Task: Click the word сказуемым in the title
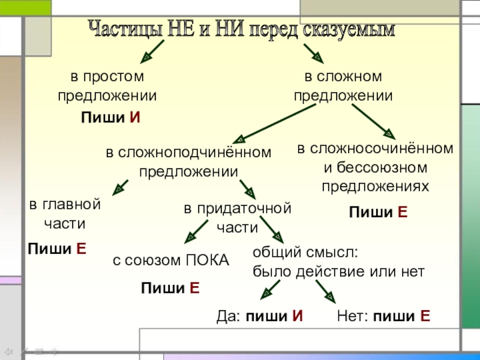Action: point(350,29)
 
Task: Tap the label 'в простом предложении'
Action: point(107,86)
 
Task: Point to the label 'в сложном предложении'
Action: point(343,86)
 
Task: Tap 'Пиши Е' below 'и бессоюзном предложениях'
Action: point(378,212)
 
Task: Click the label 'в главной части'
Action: point(65,214)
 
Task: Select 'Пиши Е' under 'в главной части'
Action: point(57,248)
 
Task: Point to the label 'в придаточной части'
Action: point(237,218)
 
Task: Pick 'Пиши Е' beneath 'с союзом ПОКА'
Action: point(170,289)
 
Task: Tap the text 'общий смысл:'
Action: point(305,252)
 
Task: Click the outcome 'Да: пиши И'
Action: point(259,316)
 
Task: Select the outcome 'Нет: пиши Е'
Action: point(383,316)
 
